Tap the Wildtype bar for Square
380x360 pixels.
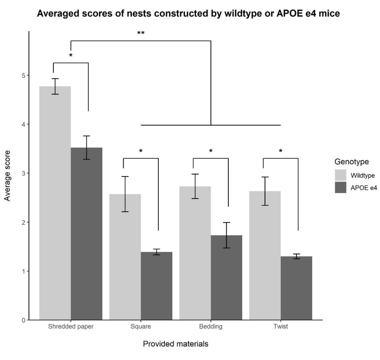(x=125, y=257)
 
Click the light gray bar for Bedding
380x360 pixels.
(x=195, y=253)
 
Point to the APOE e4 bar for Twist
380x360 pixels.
(x=296, y=288)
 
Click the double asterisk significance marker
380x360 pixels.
(x=141, y=34)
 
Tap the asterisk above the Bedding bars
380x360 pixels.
(x=211, y=151)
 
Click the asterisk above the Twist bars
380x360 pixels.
(x=280, y=151)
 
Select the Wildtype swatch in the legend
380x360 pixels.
(x=340, y=175)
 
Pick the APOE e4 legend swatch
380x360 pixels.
(x=340, y=187)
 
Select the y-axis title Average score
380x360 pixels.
(x=8, y=175)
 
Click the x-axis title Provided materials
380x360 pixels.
(x=175, y=344)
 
